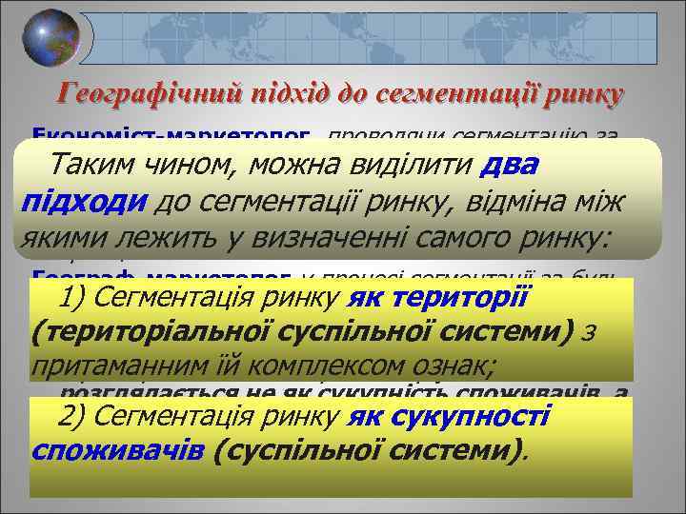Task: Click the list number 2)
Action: (75, 416)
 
